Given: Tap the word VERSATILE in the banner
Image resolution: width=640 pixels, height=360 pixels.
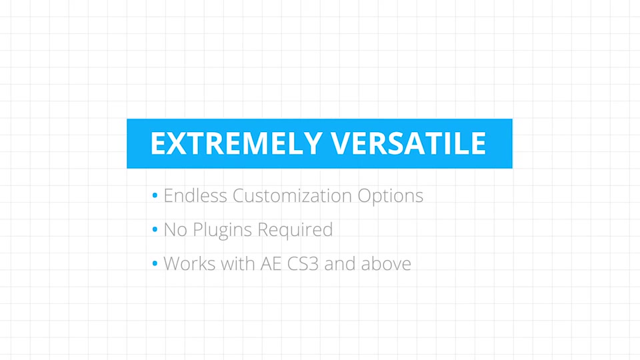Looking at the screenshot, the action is click(x=408, y=143).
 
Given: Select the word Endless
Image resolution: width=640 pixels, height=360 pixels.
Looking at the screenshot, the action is click(x=195, y=195).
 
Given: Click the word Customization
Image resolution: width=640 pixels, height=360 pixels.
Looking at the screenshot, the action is click(x=292, y=195).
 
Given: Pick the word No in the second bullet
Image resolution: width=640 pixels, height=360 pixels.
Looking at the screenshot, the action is click(x=175, y=230).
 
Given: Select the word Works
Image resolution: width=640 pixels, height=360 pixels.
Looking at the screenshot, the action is click(x=189, y=264).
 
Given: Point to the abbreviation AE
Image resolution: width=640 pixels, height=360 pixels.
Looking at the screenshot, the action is click(x=271, y=264).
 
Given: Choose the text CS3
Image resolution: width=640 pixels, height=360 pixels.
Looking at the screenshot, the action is click(x=303, y=264).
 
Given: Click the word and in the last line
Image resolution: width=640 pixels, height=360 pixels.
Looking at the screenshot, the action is click(x=339, y=264).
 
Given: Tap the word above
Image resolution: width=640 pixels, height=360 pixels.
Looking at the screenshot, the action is click(x=386, y=264).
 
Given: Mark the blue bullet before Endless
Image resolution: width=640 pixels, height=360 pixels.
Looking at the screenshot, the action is click(x=155, y=195).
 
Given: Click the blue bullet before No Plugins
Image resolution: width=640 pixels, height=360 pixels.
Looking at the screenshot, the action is click(x=155, y=229).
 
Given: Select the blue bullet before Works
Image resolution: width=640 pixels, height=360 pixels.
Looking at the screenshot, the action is click(x=155, y=263).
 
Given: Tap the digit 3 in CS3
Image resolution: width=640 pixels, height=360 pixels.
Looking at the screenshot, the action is click(x=313, y=264).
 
